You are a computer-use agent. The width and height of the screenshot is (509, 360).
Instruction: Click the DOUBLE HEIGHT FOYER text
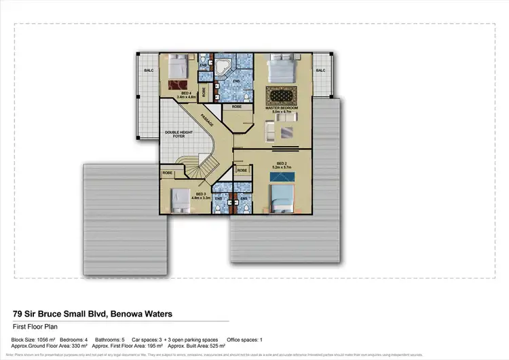pyautogui.click(x=174, y=134)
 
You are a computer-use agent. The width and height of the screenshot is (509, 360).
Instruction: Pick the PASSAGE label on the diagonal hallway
pyautogui.click(x=210, y=123)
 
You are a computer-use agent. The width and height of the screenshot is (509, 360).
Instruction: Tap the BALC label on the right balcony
pyautogui.click(x=320, y=70)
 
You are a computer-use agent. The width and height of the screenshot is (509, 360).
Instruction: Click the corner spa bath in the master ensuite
pyautogui.click(x=222, y=67)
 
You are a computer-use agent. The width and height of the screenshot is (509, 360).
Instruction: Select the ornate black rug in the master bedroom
pyautogui.click(x=281, y=94)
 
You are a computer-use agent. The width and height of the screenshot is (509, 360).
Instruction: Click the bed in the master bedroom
pyautogui.click(x=280, y=69)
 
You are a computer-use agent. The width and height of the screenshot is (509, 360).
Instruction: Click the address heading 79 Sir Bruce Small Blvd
pyautogui.click(x=92, y=314)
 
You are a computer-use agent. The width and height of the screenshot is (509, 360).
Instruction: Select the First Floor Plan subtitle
pyautogui.click(x=33, y=327)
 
